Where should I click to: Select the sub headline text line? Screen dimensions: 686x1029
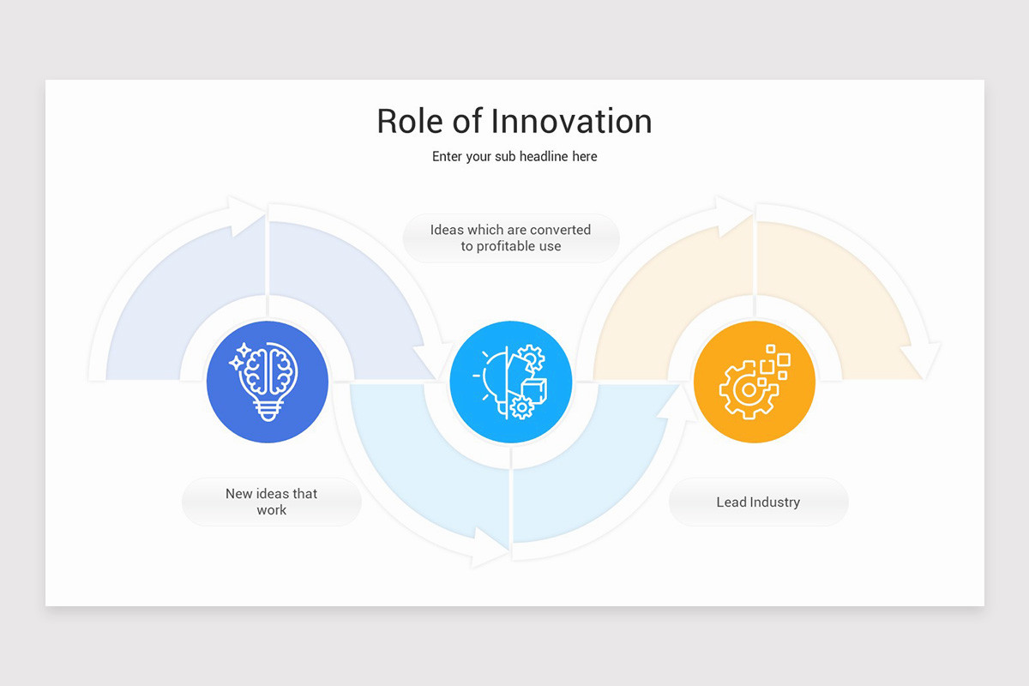(x=514, y=157)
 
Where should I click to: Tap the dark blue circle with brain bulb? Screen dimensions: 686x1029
(x=268, y=382)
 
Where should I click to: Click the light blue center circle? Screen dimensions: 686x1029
(x=511, y=382)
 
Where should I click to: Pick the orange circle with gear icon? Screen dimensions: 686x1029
(x=755, y=382)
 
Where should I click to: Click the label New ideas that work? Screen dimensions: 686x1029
(x=271, y=502)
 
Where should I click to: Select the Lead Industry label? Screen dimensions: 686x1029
(x=758, y=502)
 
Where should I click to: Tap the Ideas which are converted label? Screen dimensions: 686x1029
(x=511, y=238)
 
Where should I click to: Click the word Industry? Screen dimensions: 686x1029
(x=775, y=502)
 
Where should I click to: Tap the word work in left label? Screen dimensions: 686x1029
(x=271, y=510)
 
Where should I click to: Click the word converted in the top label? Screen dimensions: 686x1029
(x=560, y=230)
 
